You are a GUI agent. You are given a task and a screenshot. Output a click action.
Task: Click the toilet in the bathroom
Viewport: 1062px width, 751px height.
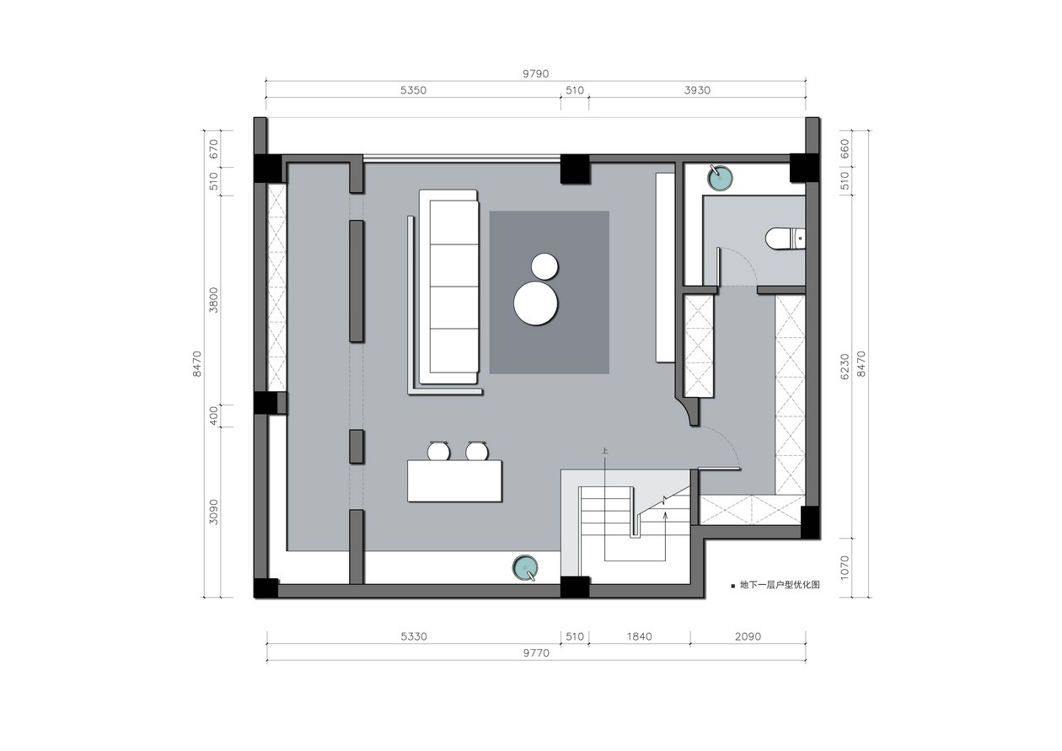pos(786,239)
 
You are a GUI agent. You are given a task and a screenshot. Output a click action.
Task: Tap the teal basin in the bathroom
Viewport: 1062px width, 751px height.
pos(720,177)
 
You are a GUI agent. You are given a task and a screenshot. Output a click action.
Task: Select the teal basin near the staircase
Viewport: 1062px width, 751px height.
pos(525,567)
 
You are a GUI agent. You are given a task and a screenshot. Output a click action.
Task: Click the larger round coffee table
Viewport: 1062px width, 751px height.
pos(535,303)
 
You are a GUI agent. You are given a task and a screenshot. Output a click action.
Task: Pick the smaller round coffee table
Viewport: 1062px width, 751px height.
pos(544,266)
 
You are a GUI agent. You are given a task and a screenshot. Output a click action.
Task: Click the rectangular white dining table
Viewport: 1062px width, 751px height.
pos(454,480)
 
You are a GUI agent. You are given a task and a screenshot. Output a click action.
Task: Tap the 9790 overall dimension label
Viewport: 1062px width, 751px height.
pos(536,73)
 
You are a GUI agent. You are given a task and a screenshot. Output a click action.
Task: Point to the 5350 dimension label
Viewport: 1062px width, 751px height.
pos(413,90)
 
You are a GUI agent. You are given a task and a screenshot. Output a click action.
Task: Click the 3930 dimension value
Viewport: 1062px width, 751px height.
pos(697,90)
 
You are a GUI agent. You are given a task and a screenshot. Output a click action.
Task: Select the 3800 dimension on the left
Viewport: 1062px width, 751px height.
pos(214,300)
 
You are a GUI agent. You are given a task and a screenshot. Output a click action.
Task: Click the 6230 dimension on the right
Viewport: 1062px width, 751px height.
pos(845,367)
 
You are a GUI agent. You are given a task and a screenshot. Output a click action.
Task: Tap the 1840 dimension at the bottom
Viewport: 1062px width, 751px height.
pos(639,636)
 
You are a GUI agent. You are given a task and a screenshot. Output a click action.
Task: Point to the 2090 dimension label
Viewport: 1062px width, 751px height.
pos(748,636)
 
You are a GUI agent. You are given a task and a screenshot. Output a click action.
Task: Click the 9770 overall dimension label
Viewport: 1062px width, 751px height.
pos(536,653)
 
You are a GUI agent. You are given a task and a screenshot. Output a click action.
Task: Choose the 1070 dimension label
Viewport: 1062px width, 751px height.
pos(845,567)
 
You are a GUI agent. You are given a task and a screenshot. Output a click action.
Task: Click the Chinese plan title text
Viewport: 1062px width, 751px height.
pos(780,585)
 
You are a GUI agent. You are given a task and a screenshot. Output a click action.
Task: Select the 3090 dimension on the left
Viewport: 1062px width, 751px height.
pos(214,512)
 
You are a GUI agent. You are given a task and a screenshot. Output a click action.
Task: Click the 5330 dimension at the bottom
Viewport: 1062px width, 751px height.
pos(414,636)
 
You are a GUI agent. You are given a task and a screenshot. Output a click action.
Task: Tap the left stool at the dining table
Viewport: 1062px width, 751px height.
pos(438,451)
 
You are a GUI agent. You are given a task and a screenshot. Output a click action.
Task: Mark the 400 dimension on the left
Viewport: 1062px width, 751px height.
pos(214,416)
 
